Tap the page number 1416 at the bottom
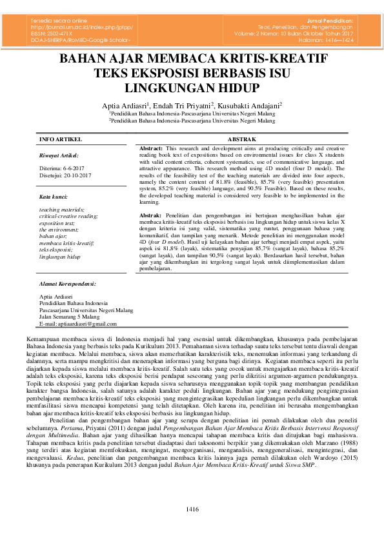click(x=192, y=510)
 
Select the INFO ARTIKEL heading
click(x=60, y=139)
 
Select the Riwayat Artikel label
click(x=59, y=155)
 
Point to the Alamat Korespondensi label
click(x=67, y=283)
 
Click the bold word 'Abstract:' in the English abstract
click(x=151, y=148)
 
